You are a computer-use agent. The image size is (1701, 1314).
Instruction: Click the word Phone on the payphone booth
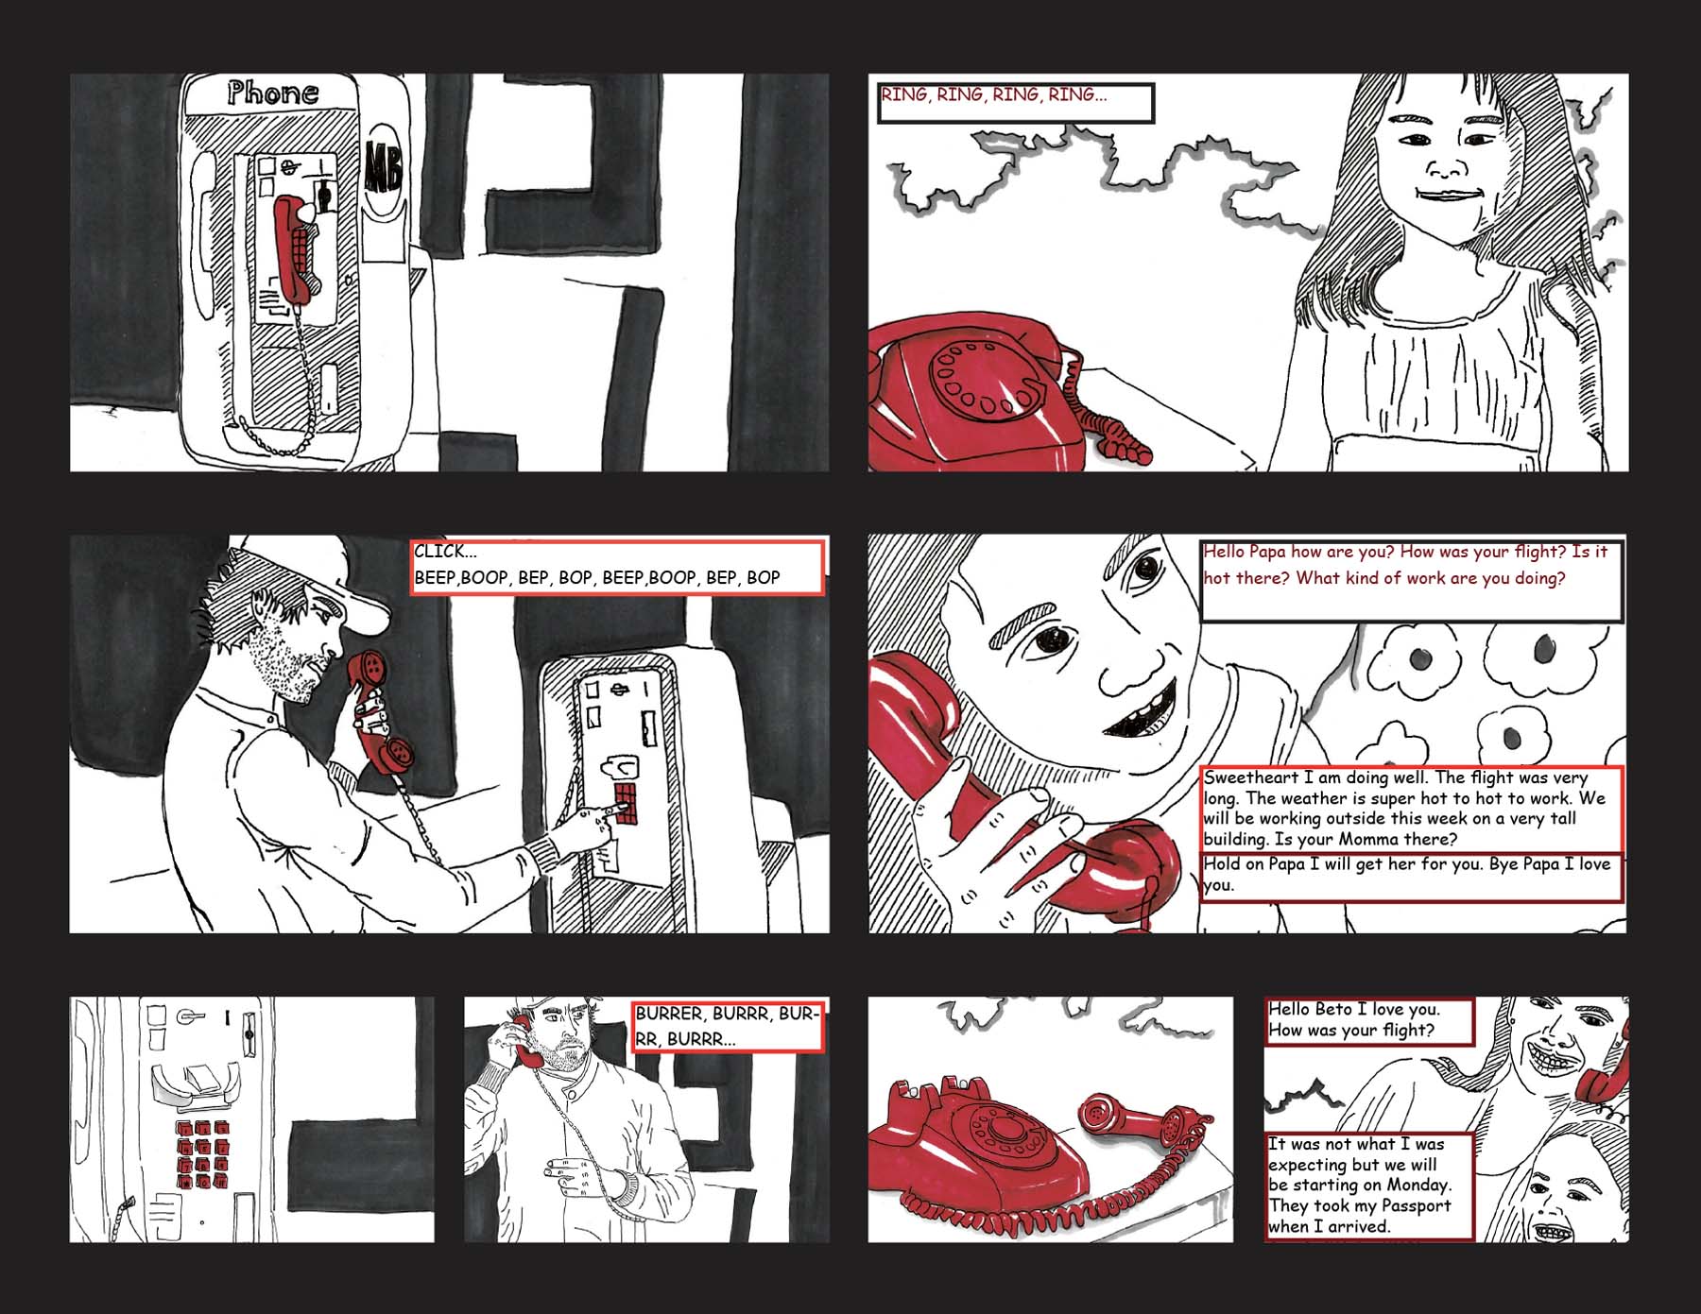point(273,93)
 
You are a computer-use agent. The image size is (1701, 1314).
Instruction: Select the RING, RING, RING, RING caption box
point(1016,103)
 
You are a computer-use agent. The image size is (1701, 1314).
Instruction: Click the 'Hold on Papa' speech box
point(1412,876)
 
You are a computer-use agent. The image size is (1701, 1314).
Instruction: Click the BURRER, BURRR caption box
point(729,1026)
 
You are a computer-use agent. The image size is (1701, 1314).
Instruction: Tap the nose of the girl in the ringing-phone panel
point(1444,170)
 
